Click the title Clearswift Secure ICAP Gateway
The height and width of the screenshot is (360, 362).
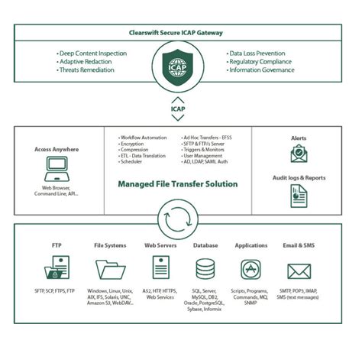(181, 34)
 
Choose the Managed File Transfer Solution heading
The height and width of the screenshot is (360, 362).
(177, 184)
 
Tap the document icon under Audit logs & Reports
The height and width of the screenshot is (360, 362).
(299, 196)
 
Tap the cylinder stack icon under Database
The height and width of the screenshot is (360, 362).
(205, 270)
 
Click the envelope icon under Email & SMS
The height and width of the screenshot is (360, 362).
(299, 271)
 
